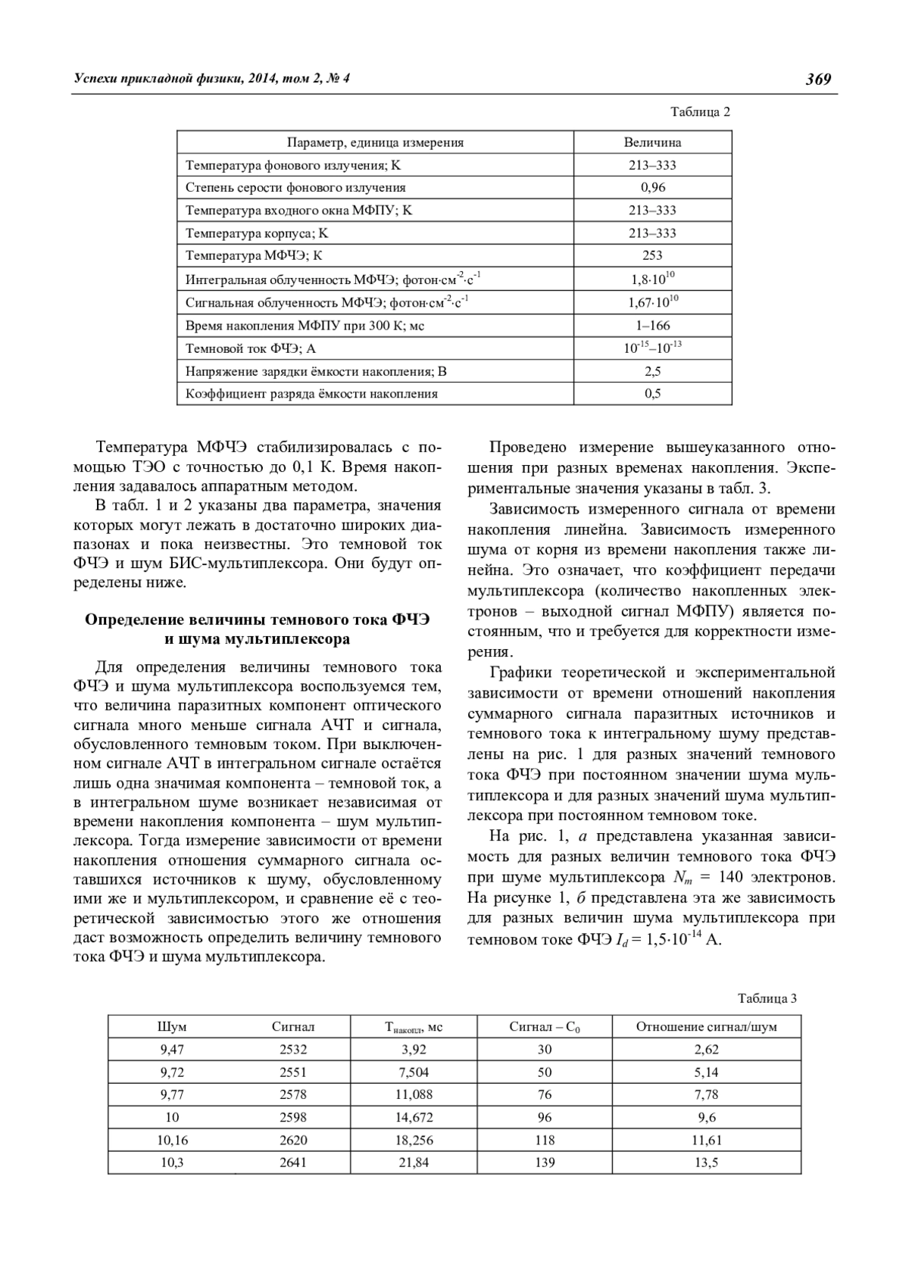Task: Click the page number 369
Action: click(x=818, y=79)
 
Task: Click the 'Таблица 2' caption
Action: click(x=700, y=112)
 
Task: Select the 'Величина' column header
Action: click(x=652, y=142)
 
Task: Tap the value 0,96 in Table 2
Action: click(x=652, y=187)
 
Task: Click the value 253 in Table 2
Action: click(x=652, y=255)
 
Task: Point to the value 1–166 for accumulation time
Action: click(x=652, y=326)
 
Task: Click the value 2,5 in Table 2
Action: click(x=652, y=371)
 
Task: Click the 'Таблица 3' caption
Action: click(x=767, y=998)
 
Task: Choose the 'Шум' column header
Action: click(x=172, y=1027)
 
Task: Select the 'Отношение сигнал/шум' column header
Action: click(x=706, y=1027)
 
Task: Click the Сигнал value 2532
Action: click(x=293, y=1050)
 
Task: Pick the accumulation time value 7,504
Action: click(x=413, y=1072)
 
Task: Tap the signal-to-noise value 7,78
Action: click(x=706, y=1094)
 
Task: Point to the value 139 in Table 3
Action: click(x=545, y=1163)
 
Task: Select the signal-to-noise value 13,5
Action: click(x=706, y=1163)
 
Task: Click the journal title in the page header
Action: click(x=211, y=79)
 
